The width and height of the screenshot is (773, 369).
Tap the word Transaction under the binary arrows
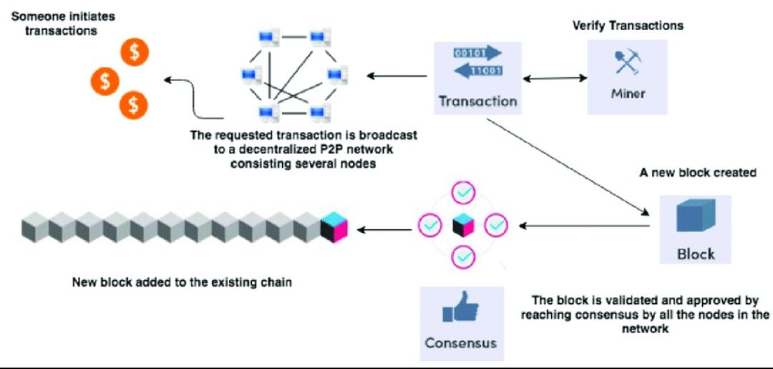[477, 101]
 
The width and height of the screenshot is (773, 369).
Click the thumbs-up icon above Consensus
[460, 308]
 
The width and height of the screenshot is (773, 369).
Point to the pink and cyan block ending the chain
[334, 228]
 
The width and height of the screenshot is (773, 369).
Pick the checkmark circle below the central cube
[463, 255]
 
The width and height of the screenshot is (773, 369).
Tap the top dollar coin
[134, 51]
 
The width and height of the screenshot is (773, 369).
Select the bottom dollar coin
[133, 105]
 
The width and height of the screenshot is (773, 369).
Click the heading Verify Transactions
[628, 26]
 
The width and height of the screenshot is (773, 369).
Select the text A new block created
[698, 173]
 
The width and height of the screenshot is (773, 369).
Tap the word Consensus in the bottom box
[460, 342]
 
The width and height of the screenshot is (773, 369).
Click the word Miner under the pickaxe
[628, 94]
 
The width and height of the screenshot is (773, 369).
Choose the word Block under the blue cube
[695, 254]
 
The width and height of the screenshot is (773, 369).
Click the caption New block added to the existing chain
[182, 282]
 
